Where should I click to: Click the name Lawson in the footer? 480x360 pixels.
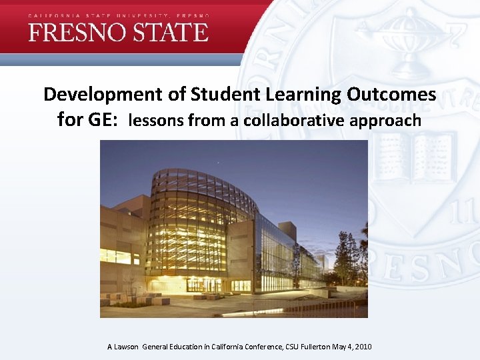click(x=127, y=347)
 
